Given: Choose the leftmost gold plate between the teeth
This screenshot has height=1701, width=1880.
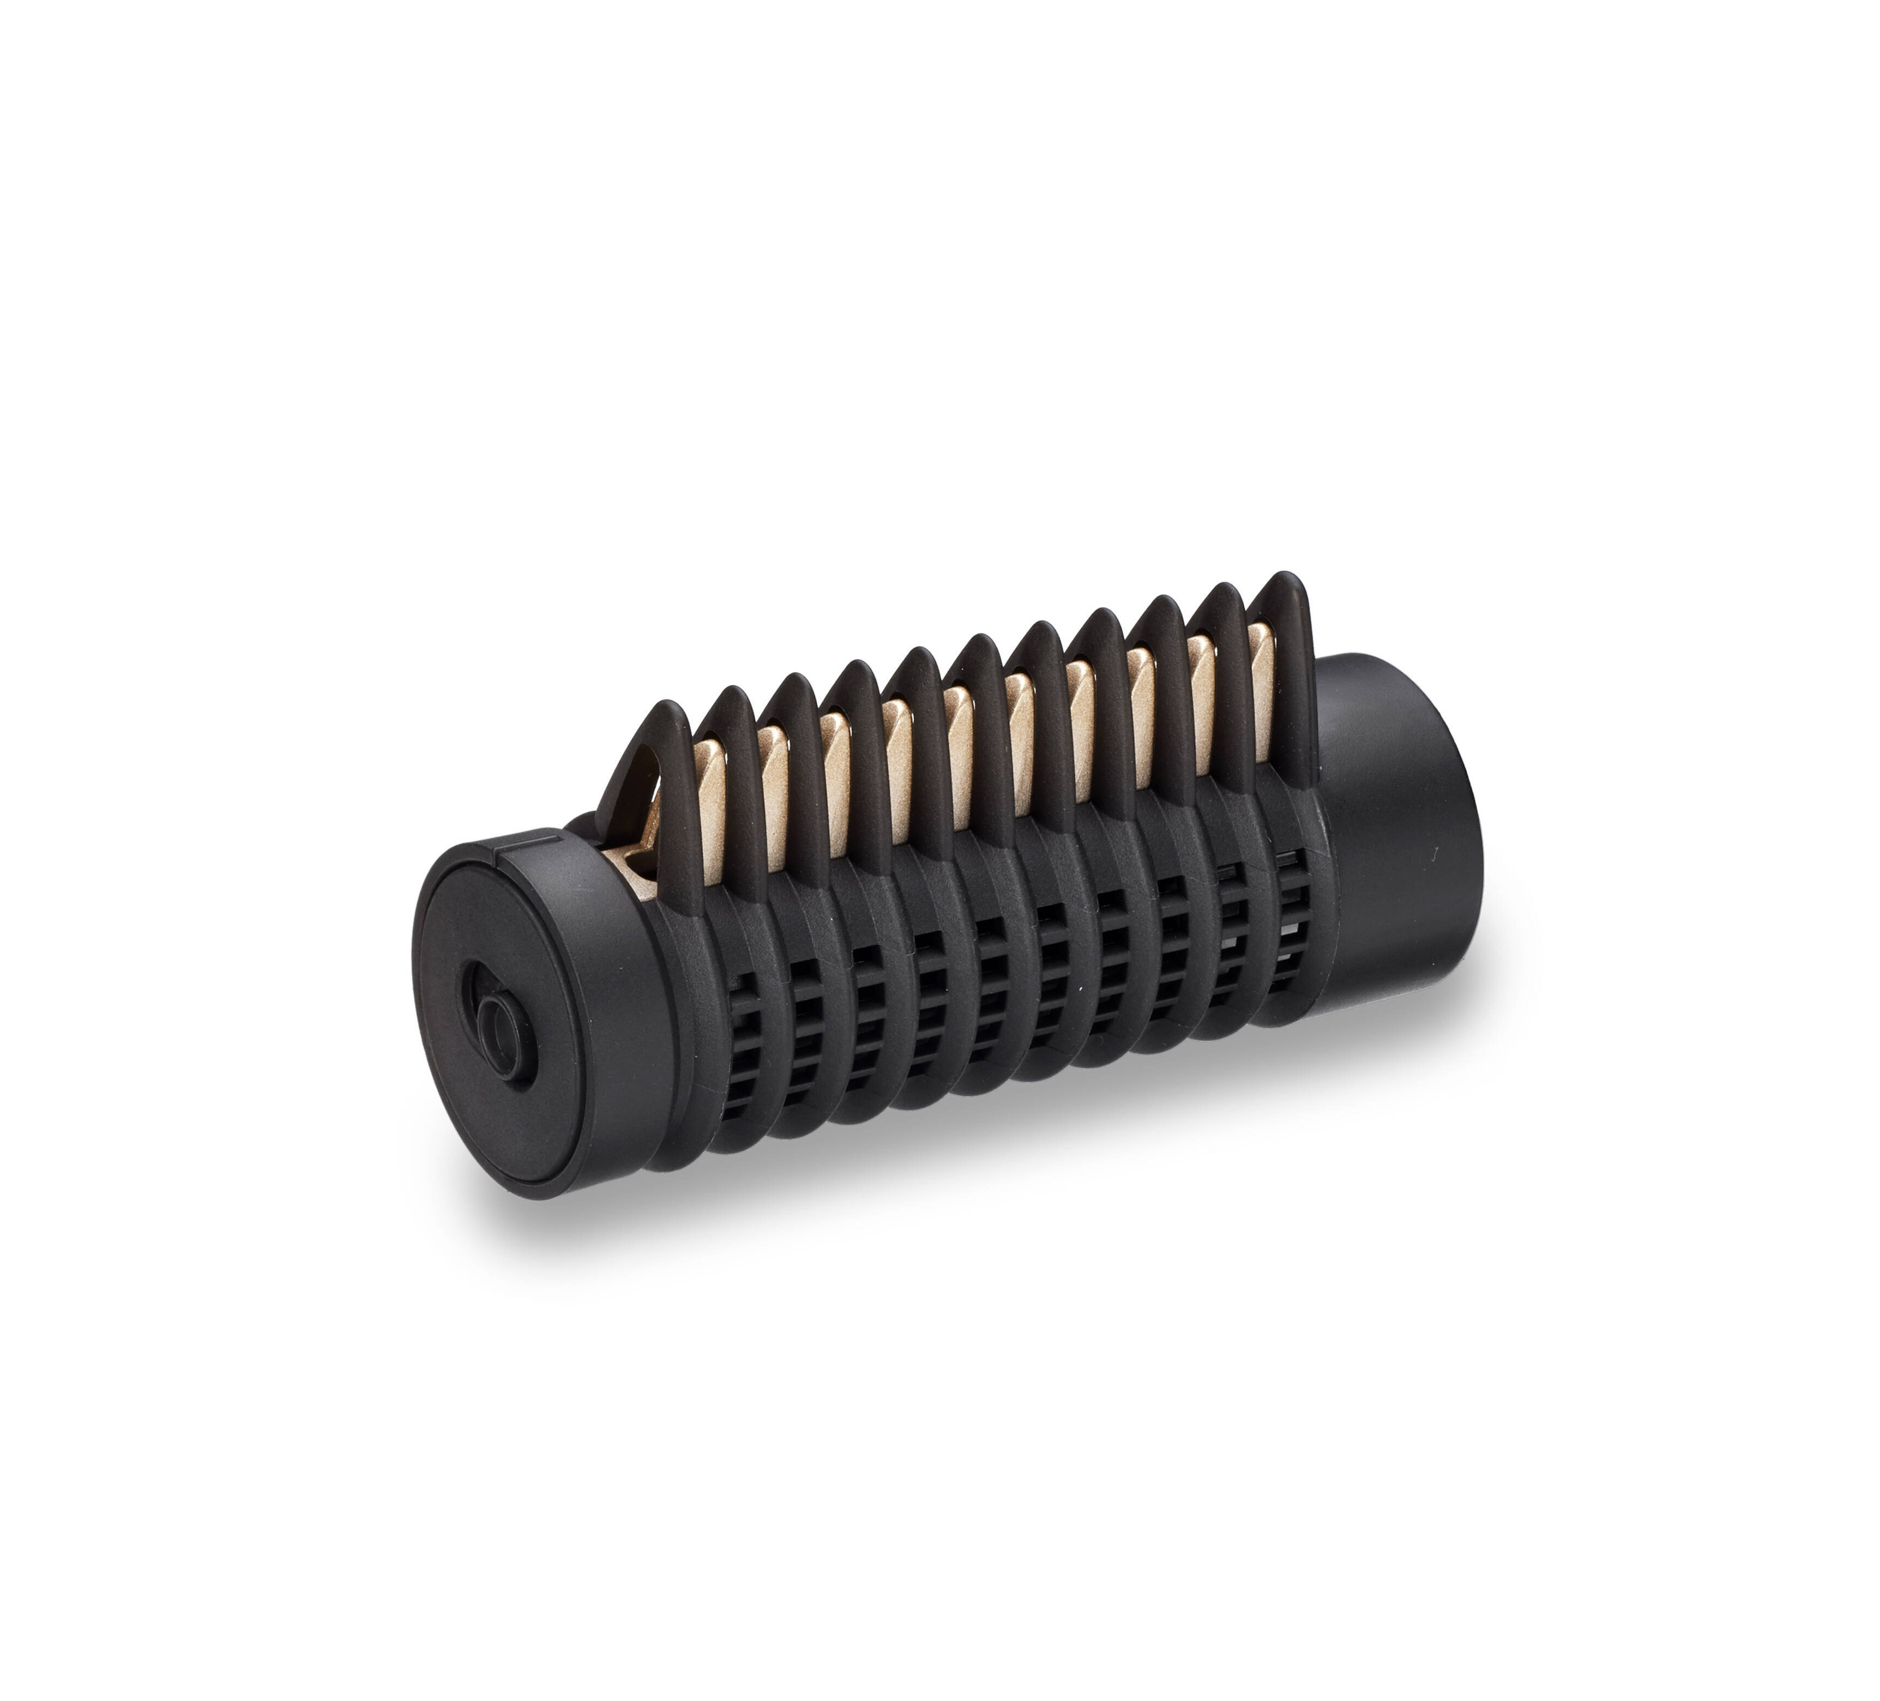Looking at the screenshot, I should click(710, 802).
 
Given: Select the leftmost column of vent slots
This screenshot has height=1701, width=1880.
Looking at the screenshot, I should click(737, 1045).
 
